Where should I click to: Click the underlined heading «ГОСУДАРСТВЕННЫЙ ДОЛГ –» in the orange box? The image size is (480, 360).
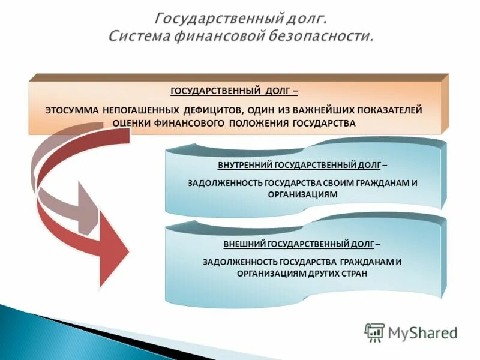235,91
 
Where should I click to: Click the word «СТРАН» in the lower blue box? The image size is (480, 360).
352,272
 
